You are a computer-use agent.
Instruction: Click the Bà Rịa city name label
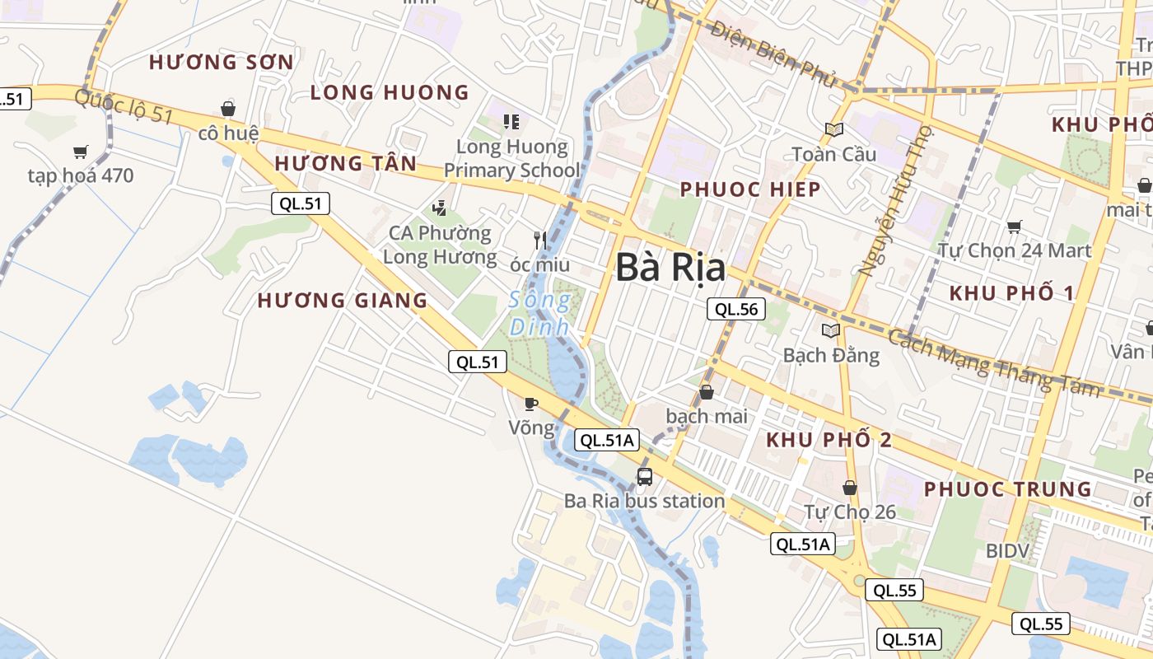pyautogui.click(x=670, y=269)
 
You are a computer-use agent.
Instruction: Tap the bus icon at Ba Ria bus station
pyautogui.click(x=645, y=476)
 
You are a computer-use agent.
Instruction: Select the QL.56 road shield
pyautogui.click(x=736, y=310)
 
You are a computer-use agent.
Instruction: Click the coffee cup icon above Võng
pyautogui.click(x=531, y=404)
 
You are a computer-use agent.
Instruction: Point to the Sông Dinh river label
pyautogui.click(x=539, y=313)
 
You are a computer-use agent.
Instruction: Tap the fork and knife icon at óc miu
pyautogui.click(x=540, y=240)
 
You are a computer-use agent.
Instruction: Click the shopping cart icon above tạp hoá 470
pyautogui.click(x=80, y=152)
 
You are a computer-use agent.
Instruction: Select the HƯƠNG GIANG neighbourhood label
pyautogui.click(x=343, y=301)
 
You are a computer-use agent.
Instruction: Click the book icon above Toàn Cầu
pyautogui.click(x=834, y=129)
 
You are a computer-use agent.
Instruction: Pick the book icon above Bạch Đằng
pyautogui.click(x=831, y=330)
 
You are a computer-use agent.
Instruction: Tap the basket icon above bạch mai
pyautogui.click(x=707, y=392)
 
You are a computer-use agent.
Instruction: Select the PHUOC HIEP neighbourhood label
pyautogui.click(x=749, y=189)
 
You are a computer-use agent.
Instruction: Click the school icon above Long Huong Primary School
pyautogui.click(x=511, y=122)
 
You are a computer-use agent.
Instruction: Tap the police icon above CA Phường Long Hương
pyautogui.click(x=440, y=208)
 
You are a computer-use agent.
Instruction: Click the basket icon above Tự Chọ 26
pyautogui.click(x=850, y=488)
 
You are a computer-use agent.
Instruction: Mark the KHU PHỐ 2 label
pyautogui.click(x=829, y=440)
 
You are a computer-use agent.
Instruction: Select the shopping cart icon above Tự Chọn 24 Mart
pyautogui.click(x=1014, y=227)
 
